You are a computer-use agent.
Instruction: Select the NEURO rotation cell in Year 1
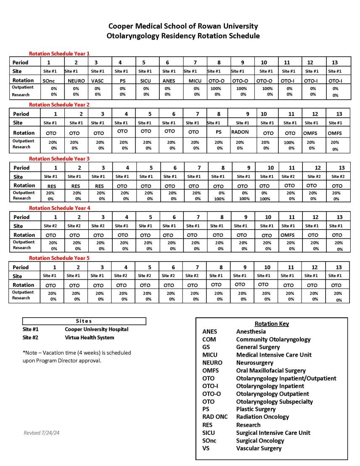76,81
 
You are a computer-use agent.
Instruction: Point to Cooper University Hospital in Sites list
96,329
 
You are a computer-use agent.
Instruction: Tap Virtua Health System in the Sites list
89,337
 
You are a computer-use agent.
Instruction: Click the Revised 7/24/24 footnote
41,432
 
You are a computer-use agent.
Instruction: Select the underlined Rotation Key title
272,324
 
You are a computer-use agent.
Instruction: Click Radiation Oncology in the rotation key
262,417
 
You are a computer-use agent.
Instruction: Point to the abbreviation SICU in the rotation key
209,432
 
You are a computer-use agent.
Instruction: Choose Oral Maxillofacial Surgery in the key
271,371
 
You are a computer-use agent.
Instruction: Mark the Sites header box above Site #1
84,321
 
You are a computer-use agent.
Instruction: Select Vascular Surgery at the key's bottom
259,448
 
